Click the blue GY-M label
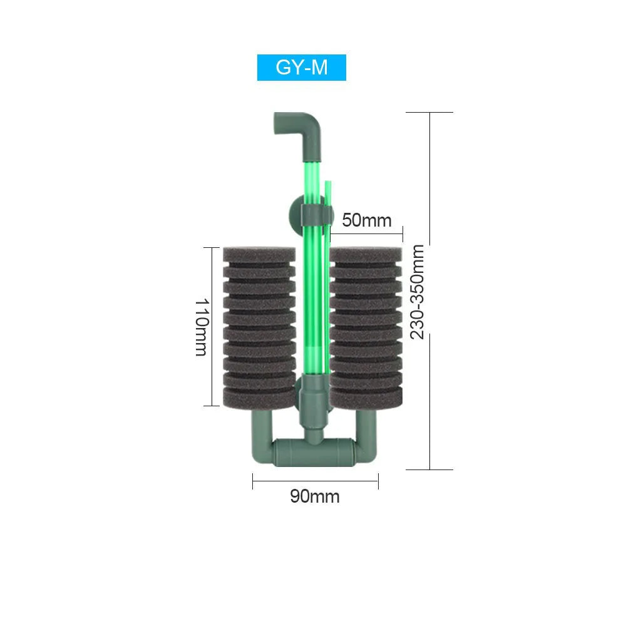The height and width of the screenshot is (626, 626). (x=302, y=68)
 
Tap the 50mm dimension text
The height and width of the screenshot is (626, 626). (x=366, y=220)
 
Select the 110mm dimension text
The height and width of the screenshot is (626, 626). (x=201, y=327)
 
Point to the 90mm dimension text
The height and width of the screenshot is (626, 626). (x=315, y=496)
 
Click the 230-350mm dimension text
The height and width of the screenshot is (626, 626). (x=417, y=292)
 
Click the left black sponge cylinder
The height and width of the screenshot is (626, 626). (x=259, y=328)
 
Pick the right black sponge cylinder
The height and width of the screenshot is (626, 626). (x=366, y=328)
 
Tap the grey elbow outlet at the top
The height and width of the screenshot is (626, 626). (x=304, y=126)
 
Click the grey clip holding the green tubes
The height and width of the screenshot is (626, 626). (x=317, y=214)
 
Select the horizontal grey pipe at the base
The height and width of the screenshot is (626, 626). (x=314, y=453)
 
